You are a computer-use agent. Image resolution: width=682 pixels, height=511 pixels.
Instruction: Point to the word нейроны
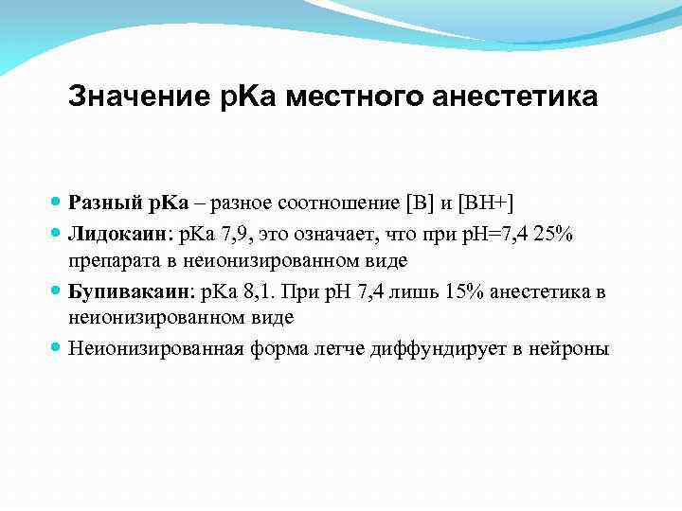point(570,348)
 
